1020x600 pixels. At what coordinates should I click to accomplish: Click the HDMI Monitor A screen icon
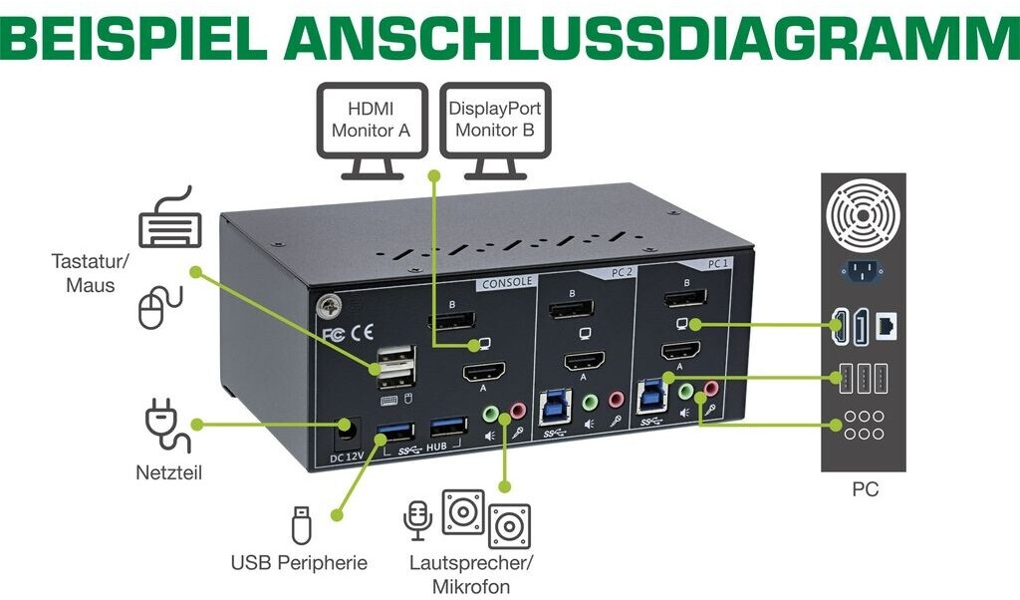(x=373, y=131)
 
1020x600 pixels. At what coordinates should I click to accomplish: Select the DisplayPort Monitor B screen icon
(x=495, y=131)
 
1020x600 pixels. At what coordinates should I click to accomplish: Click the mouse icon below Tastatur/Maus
(x=160, y=307)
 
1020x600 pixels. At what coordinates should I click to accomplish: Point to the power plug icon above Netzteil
(x=167, y=426)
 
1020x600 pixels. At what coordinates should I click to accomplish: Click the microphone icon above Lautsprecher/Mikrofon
(x=417, y=520)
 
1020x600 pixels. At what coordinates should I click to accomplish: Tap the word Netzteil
(x=168, y=472)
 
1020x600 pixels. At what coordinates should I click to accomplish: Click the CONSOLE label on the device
(x=507, y=282)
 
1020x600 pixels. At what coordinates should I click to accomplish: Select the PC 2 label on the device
(x=622, y=272)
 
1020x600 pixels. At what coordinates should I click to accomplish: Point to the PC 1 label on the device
(x=718, y=263)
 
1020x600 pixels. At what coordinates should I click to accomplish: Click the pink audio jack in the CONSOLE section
(x=518, y=411)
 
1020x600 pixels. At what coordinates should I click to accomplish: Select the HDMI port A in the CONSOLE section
(x=485, y=373)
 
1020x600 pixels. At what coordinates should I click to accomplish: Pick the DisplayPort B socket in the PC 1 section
(x=685, y=299)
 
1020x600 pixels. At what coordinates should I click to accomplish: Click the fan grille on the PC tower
(x=863, y=215)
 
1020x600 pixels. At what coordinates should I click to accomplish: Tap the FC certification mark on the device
(x=334, y=335)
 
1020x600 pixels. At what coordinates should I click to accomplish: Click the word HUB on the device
(x=436, y=447)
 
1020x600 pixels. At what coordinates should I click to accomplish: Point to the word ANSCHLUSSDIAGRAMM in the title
(x=651, y=39)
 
